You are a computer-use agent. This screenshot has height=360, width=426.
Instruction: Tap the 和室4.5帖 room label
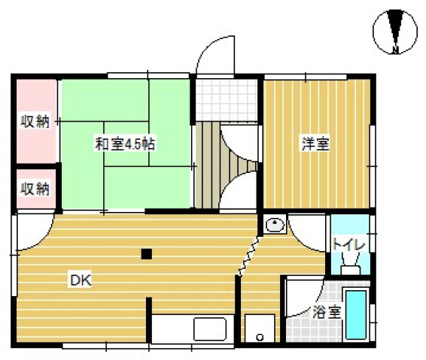click(x=125, y=144)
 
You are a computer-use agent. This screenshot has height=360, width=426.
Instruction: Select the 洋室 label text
click(x=315, y=144)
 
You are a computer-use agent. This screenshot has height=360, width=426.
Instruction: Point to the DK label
click(x=81, y=281)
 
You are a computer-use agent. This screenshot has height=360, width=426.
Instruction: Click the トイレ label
click(x=348, y=245)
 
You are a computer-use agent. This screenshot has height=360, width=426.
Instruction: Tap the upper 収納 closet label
click(x=35, y=121)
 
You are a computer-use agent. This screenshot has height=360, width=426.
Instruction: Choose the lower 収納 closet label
click(x=35, y=188)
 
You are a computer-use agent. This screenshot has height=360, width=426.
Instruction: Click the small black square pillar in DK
click(x=147, y=253)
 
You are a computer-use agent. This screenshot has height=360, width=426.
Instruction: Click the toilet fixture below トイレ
click(x=348, y=268)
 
